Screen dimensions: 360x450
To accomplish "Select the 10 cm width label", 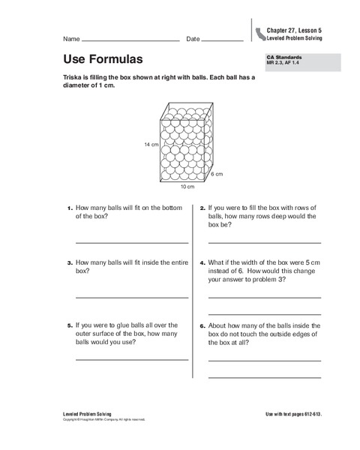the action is (187, 185).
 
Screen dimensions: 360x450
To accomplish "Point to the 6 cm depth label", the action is (217, 173).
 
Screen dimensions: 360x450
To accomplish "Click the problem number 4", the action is (202, 263).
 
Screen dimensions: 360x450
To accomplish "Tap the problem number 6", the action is (202, 326).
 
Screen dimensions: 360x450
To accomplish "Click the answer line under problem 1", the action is (131, 242).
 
